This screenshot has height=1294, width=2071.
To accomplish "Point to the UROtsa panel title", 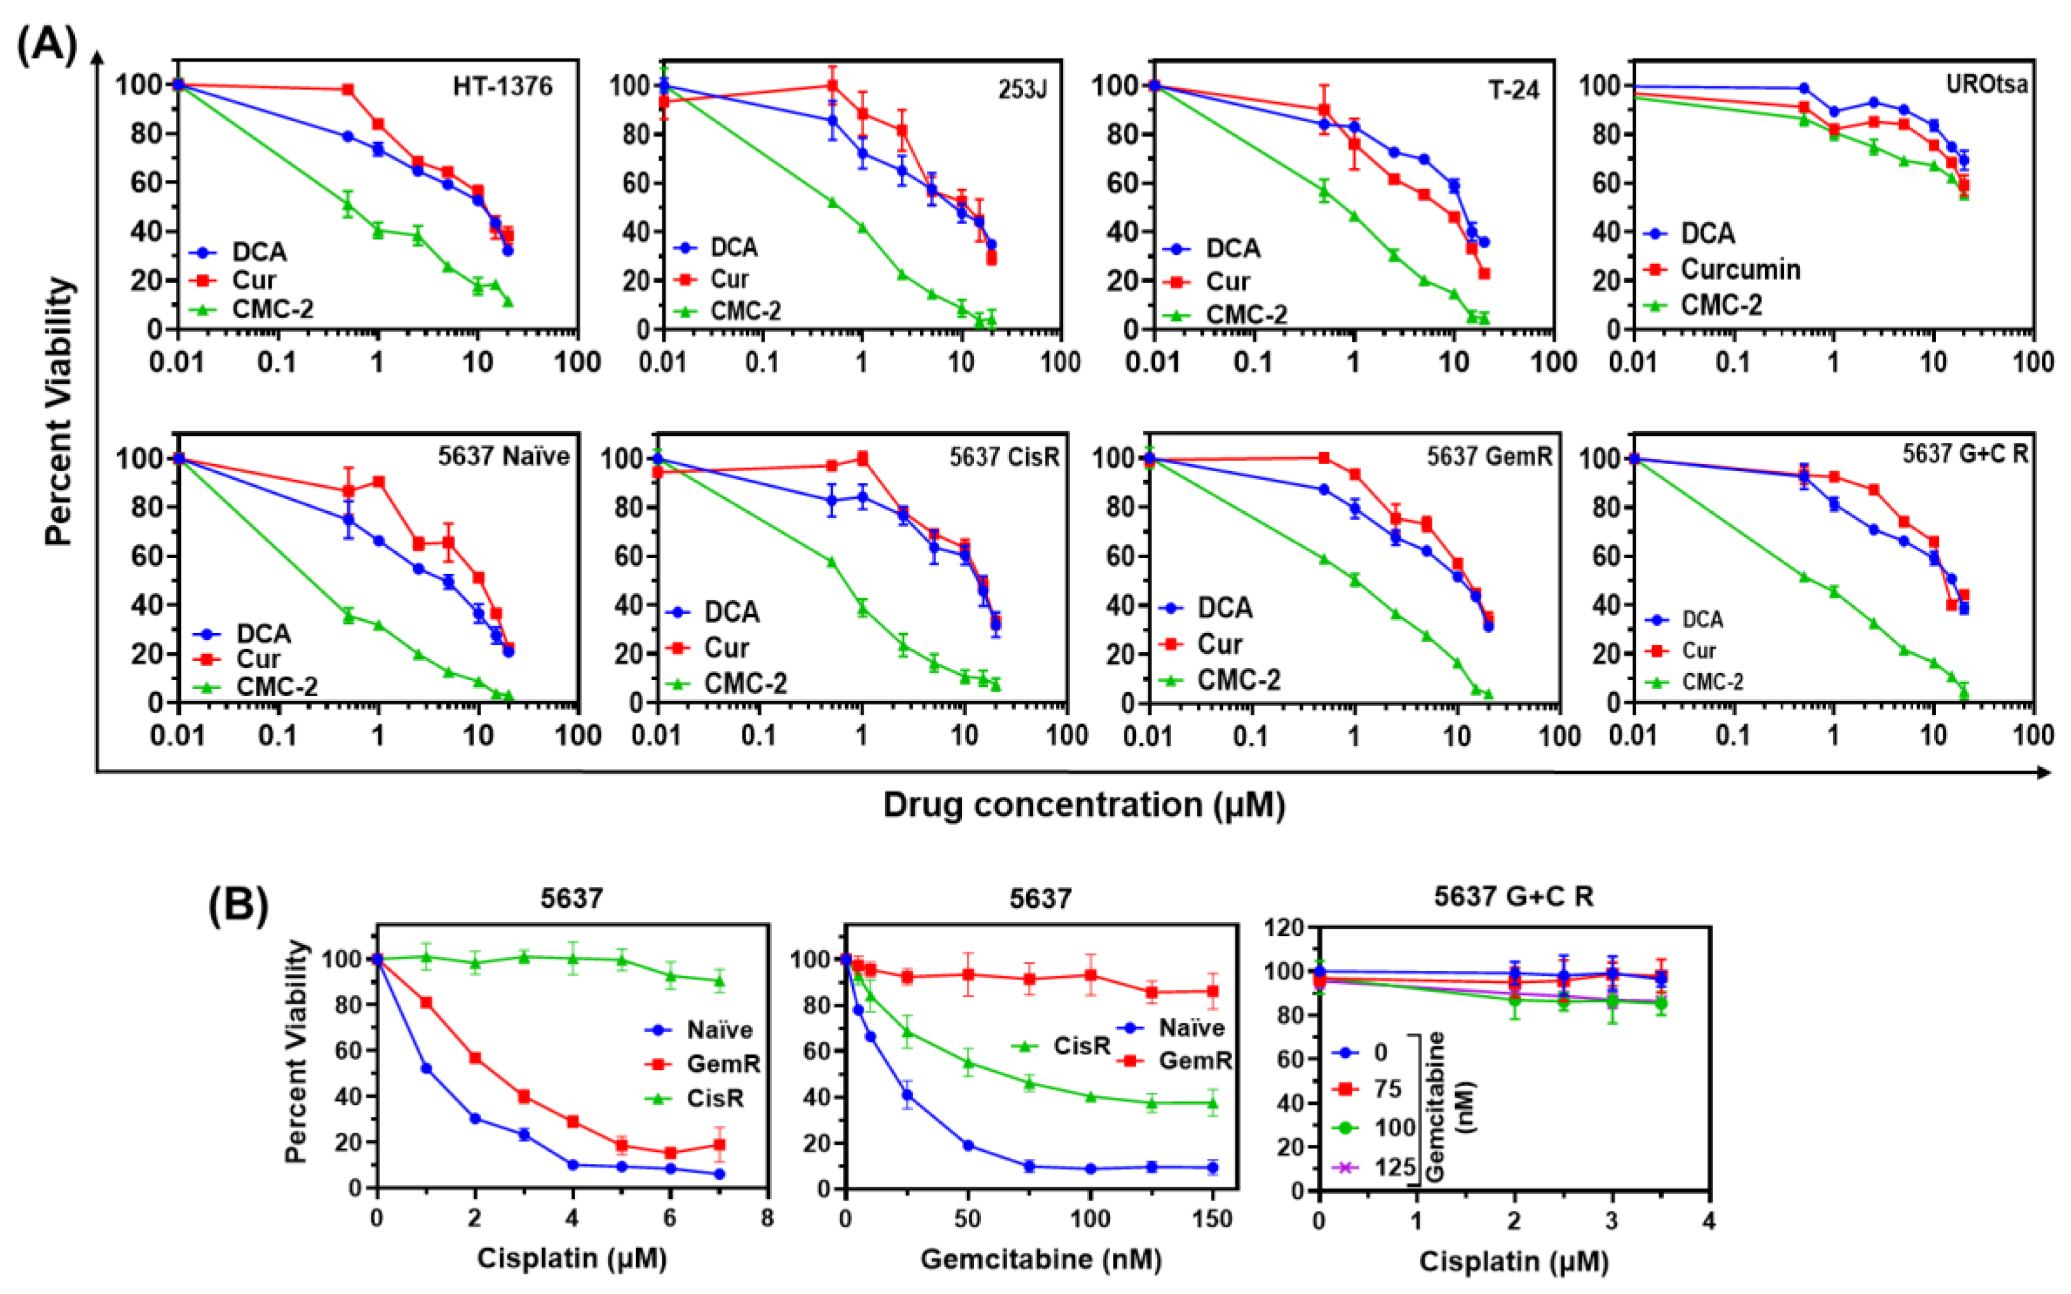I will (1986, 85).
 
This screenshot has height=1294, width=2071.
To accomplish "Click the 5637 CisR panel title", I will (1004, 457).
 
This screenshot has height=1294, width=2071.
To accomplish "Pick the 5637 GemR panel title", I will (1489, 457).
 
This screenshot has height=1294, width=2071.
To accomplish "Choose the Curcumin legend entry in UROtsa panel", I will (1740, 270).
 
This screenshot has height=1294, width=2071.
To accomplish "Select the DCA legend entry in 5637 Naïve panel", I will (263, 634).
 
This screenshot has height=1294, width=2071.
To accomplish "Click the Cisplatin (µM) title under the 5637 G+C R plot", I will (1514, 1260).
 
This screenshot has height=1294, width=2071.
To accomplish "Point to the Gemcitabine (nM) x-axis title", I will (1041, 1259).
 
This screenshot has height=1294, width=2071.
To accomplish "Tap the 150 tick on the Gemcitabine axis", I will (1212, 1219).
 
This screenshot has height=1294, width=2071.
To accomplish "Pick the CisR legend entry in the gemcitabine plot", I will (1081, 1046).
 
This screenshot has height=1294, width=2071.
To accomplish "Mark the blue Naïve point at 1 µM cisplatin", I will (426, 1068).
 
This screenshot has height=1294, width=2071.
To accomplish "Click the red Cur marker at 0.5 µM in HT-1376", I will (348, 89).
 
